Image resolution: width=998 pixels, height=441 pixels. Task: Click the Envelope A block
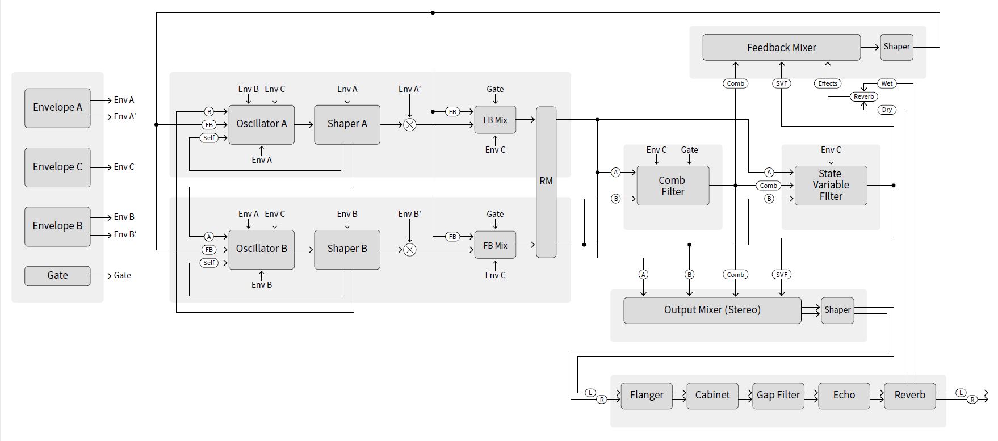[x=57, y=108]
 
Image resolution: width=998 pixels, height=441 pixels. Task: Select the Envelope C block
[x=57, y=167]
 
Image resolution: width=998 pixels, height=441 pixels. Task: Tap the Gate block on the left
[x=57, y=275]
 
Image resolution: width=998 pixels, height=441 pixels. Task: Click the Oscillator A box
[x=261, y=124]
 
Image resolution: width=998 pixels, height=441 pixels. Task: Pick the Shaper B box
[x=347, y=249]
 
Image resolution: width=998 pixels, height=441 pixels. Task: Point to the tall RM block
[x=546, y=182]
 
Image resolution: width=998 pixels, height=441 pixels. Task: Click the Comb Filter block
[x=673, y=186]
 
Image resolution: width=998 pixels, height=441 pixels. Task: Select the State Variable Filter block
[x=831, y=185]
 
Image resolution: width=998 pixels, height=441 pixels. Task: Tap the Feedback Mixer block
[x=781, y=48]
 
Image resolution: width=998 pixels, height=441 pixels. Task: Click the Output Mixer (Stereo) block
[x=712, y=310]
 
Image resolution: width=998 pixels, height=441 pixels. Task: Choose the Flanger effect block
[x=646, y=395]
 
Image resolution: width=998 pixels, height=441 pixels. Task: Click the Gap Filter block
[x=778, y=395]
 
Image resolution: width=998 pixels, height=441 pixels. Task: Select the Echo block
[x=844, y=395]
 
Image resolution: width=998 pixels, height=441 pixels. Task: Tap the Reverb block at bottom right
[x=909, y=395]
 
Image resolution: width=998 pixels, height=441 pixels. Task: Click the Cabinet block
[x=712, y=395]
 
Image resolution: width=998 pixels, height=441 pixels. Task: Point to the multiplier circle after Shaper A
[x=409, y=124]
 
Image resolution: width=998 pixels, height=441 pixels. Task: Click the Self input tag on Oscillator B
[x=209, y=263]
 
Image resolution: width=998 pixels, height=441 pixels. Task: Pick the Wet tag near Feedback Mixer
[x=887, y=83]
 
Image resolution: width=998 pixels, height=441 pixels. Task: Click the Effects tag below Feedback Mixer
[x=827, y=83]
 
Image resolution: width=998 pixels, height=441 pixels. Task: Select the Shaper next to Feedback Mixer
[x=896, y=47]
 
